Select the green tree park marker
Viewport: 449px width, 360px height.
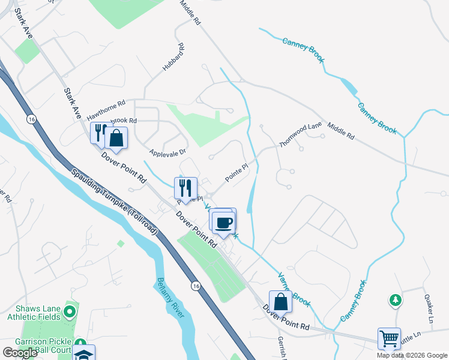click(x=396, y=299)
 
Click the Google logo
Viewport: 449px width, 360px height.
click(x=19, y=353)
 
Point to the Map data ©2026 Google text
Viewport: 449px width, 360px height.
click(x=411, y=355)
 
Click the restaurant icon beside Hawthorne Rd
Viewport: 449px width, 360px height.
click(x=98, y=132)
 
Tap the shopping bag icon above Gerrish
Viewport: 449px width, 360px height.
click(x=280, y=301)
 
